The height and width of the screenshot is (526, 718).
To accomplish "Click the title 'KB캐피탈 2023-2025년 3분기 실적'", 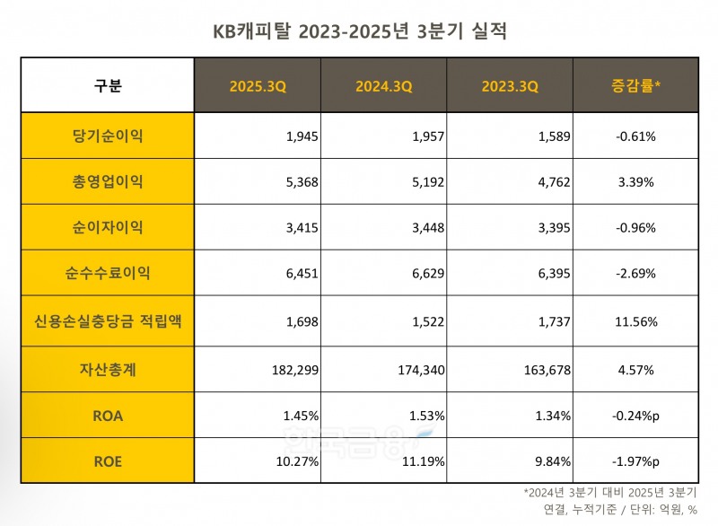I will (x=359, y=33).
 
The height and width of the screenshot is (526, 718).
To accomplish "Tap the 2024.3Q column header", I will (x=384, y=86).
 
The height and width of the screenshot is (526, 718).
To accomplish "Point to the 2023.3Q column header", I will (x=510, y=86).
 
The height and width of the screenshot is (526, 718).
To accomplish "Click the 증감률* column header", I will (x=635, y=86).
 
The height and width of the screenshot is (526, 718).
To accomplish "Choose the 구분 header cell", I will (x=108, y=86).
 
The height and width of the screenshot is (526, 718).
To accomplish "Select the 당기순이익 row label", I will (x=108, y=136).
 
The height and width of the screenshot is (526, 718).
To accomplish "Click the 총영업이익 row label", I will (x=108, y=182).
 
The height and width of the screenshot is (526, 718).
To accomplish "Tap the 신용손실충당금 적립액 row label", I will (x=108, y=320).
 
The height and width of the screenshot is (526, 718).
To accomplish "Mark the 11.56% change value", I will (x=635, y=320).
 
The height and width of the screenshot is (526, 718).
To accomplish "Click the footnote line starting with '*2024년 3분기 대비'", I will (x=615, y=493).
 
